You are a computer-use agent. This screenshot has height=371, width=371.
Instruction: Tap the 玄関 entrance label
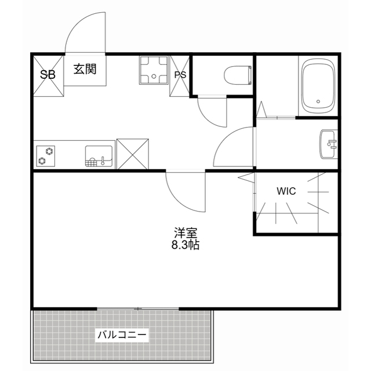(x=85, y=69)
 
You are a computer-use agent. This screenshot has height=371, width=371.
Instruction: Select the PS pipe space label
(x=180, y=74)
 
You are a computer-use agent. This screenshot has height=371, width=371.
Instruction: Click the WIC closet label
(x=286, y=191)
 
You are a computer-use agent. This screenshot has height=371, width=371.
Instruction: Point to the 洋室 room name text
(x=185, y=233)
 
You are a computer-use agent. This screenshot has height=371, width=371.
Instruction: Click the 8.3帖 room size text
(x=185, y=245)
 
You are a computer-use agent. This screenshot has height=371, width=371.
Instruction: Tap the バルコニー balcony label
(x=122, y=334)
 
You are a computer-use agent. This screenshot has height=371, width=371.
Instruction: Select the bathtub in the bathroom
(x=318, y=87)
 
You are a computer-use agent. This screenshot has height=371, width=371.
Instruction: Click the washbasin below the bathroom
(x=329, y=142)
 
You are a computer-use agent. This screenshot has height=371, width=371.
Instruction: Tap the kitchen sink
(x=99, y=156)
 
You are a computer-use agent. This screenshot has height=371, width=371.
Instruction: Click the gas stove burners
(x=46, y=155)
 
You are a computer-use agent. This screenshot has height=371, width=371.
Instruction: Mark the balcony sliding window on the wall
(x=139, y=308)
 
